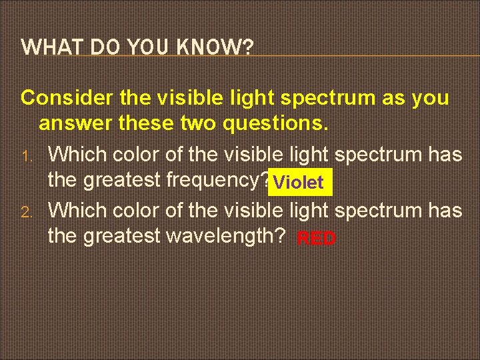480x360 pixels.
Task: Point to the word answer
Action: point(71,123)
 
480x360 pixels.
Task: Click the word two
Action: point(201,123)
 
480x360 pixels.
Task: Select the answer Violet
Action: point(298,182)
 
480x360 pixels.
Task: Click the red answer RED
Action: point(317,239)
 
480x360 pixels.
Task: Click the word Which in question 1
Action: point(78,155)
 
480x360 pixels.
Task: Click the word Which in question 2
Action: point(78,211)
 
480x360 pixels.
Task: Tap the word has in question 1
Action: point(445,155)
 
